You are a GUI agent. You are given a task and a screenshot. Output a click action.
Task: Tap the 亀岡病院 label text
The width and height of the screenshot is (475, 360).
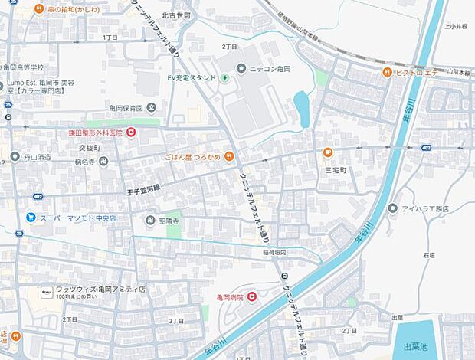[x=229, y=297]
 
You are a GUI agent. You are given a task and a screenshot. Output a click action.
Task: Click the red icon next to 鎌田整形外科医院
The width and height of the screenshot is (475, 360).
[x=131, y=133]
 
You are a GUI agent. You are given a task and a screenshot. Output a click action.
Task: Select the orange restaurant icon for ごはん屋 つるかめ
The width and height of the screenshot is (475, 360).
[x=228, y=157]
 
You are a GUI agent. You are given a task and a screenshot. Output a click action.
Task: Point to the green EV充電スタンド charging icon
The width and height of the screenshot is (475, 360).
[x=224, y=77]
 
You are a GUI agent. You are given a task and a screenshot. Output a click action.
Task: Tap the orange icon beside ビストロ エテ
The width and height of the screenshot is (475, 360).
[x=388, y=73]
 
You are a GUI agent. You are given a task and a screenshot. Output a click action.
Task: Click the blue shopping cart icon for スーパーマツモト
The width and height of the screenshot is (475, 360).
[x=31, y=218]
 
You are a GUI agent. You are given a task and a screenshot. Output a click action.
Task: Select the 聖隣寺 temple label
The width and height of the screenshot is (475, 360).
[x=168, y=221]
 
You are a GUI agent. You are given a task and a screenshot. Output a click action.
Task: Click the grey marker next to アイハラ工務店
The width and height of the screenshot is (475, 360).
[x=393, y=208]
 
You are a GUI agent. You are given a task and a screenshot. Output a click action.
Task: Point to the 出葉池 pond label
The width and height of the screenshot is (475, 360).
[x=418, y=345]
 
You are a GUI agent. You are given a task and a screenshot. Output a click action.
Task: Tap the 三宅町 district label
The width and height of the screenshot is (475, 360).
[x=336, y=170]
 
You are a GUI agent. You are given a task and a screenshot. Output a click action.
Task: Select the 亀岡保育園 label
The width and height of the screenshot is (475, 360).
[x=126, y=107]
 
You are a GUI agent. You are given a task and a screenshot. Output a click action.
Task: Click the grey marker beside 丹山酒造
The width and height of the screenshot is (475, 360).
[x=15, y=157]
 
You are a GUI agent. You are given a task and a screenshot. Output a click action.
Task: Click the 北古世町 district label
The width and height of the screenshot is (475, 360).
[x=176, y=15]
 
